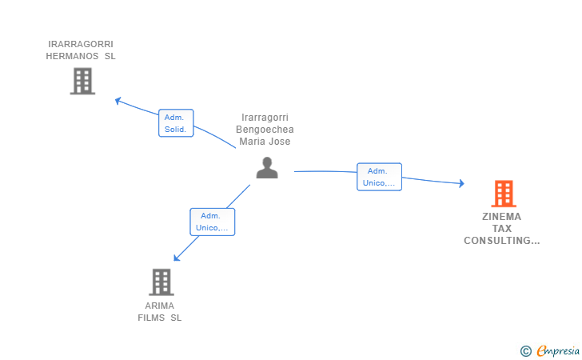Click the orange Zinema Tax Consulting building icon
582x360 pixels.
(504, 194)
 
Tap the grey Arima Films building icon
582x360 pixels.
(161, 282)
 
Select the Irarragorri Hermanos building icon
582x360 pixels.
(82, 81)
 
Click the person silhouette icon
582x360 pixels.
(267, 168)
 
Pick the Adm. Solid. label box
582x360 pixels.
(176, 123)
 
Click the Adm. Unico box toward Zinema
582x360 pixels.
(379, 177)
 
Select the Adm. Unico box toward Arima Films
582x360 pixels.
(213, 222)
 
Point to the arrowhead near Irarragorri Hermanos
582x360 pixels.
(118, 101)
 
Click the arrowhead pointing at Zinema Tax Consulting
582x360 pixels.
(461, 183)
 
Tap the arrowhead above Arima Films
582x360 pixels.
(177, 258)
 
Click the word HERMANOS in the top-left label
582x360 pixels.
(72, 56)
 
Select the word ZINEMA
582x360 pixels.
(501, 217)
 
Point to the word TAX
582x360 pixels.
(502, 229)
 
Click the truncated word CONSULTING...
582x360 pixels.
(502, 241)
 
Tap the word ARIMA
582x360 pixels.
(160, 306)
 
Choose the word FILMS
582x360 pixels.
(151, 318)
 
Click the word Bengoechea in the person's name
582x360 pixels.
(265, 130)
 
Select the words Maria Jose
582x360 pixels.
(265, 142)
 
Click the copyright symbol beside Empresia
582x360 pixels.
(525, 351)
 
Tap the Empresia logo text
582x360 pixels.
(558, 351)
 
